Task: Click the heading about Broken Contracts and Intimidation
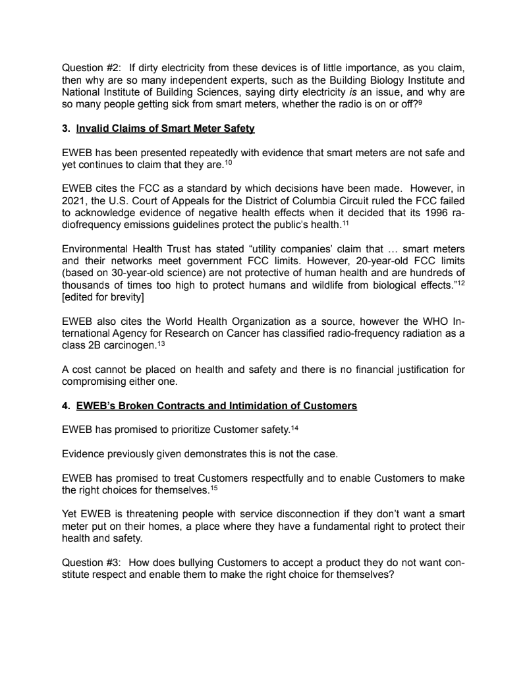217,406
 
